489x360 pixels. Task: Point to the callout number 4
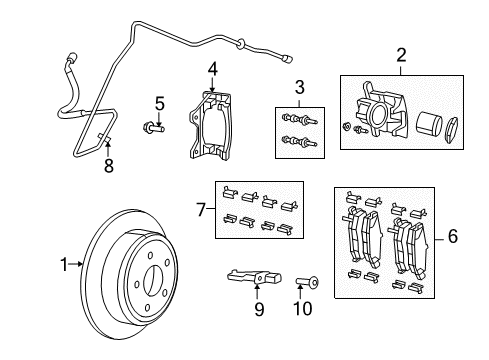coord(212,68)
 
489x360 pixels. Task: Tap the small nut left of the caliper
coord(344,127)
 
